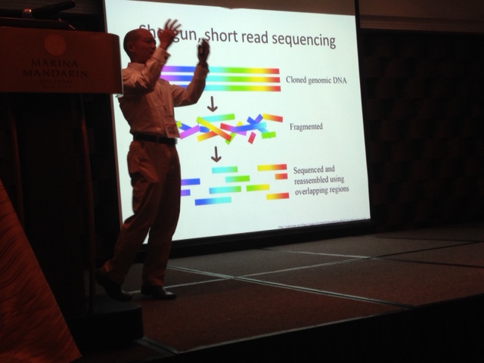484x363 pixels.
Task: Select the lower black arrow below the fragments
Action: coord(216,154)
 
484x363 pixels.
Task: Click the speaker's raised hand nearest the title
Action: coord(169,33)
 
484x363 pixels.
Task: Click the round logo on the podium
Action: coord(54,45)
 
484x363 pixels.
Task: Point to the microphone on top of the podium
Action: coord(45,10)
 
